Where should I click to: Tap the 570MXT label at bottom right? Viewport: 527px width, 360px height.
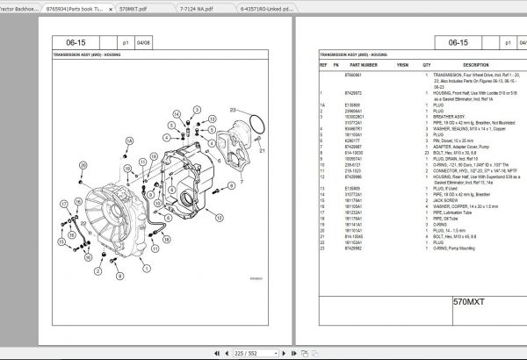point(470,305)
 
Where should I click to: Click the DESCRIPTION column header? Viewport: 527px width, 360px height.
point(475,65)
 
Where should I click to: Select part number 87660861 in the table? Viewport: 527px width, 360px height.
point(358,76)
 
